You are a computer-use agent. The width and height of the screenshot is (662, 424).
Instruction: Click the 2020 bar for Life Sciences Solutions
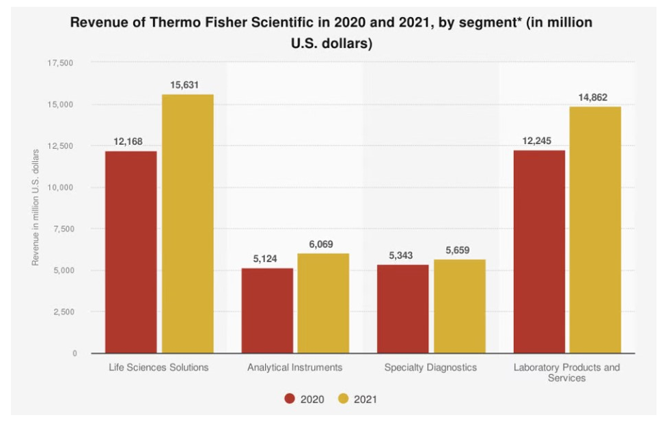tap(130, 252)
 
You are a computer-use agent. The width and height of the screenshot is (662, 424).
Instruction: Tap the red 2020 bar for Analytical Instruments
tap(267, 311)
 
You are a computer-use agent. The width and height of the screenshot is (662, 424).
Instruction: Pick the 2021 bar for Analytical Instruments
tap(323, 303)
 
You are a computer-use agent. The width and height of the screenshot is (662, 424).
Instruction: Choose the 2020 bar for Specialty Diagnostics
tap(403, 309)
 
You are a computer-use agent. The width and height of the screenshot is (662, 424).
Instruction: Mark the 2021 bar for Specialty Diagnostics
tap(459, 306)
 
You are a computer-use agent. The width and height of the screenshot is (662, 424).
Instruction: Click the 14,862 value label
tap(592, 98)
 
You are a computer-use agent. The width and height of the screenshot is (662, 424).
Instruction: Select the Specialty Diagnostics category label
tap(430, 367)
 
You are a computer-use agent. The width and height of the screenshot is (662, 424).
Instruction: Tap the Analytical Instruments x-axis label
tap(295, 367)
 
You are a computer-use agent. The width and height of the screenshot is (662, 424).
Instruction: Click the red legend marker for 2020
tap(290, 399)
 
